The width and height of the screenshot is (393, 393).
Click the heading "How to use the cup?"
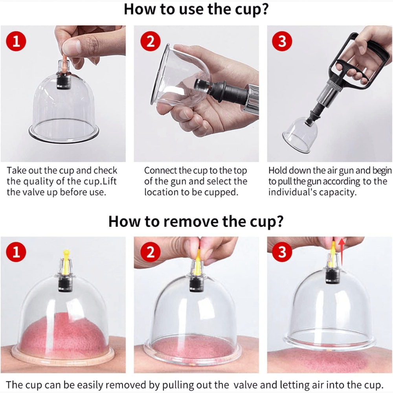click(196, 9)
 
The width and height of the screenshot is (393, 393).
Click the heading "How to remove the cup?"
click(196, 221)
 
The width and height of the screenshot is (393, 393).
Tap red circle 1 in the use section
click(16, 41)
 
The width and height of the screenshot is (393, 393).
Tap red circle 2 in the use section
click(151, 41)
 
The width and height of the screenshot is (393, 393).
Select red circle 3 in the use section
click(282, 41)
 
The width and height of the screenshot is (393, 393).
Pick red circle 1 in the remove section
click(16, 252)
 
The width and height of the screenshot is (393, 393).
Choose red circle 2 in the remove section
click(151, 252)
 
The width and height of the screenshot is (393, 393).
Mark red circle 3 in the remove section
click(282, 252)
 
